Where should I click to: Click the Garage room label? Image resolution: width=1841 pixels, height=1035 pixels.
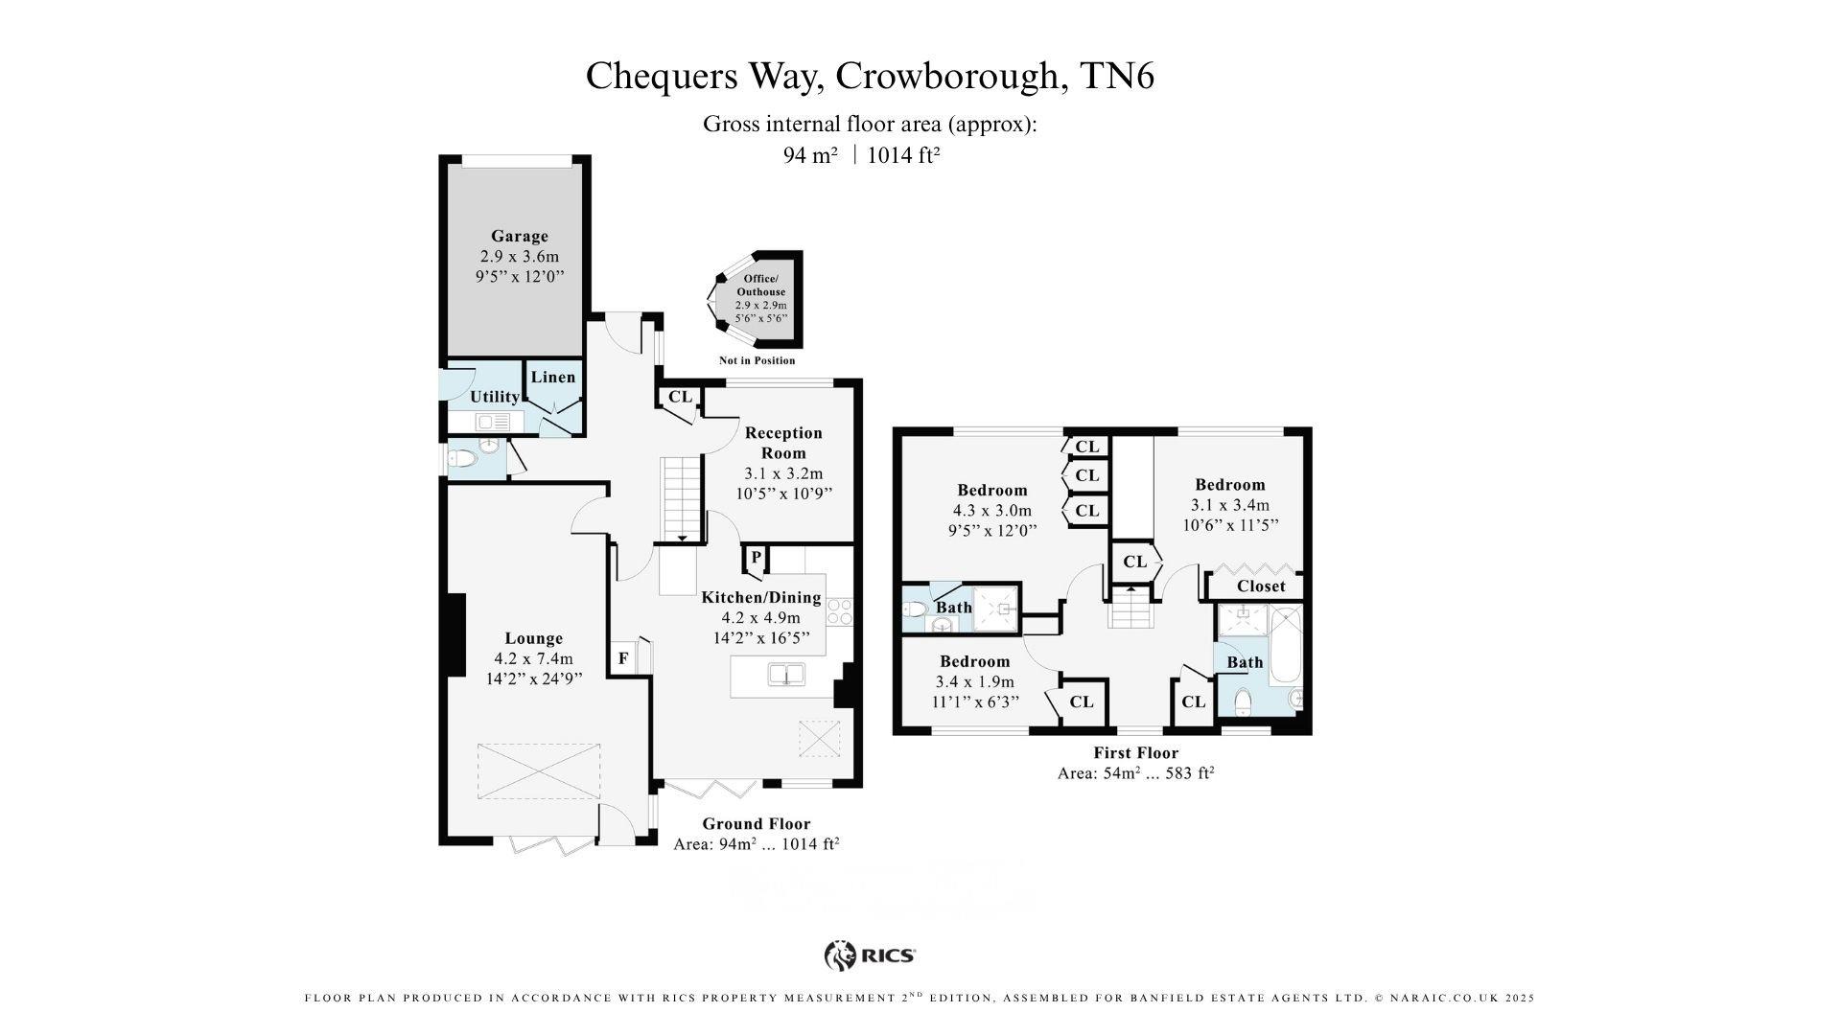click(519, 236)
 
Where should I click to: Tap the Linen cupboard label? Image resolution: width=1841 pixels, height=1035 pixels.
click(553, 377)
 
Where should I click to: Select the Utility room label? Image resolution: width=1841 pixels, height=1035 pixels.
click(495, 397)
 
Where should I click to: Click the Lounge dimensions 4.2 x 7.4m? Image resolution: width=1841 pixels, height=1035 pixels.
click(533, 658)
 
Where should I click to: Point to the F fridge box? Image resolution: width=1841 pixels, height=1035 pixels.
click(623, 658)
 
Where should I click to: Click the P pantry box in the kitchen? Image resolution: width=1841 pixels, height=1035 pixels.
click(756, 557)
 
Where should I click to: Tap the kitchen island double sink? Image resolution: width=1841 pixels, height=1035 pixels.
click(786, 675)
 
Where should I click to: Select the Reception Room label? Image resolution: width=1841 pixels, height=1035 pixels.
click(783, 443)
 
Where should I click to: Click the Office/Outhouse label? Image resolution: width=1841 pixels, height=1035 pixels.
click(760, 286)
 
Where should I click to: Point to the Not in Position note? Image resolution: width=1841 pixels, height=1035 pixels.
click(757, 361)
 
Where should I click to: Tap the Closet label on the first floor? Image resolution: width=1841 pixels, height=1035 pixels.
click(1260, 586)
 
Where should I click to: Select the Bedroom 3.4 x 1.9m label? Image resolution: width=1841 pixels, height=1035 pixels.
click(974, 661)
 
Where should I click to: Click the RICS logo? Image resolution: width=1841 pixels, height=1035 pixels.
click(870, 955)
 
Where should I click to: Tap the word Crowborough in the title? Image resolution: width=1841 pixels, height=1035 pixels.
click(951, 77)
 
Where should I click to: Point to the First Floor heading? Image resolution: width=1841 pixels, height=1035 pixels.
click(1135, 753)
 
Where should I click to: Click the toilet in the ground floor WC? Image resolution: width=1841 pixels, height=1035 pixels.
click(462, 459)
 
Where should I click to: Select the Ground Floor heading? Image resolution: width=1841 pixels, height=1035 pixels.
click(756, 824)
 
